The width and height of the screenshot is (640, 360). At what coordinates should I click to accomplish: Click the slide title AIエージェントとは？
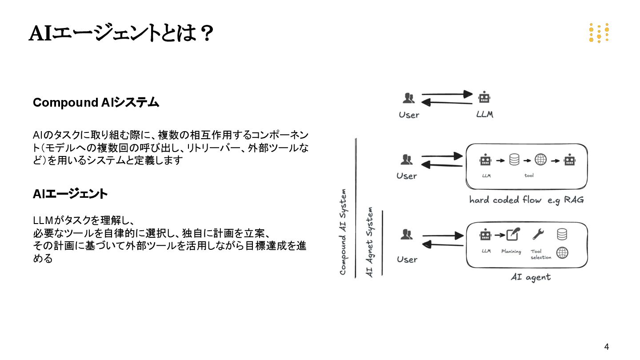[121, 34]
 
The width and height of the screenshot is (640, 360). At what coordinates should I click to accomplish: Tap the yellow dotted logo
[599, 33]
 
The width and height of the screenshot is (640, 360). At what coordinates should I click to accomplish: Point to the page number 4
[606, 347]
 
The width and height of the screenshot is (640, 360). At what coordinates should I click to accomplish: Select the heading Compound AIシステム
[96, 103]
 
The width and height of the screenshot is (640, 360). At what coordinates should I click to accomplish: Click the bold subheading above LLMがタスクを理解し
[70, 194]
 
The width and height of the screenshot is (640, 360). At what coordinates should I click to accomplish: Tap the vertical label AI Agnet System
[369, 243]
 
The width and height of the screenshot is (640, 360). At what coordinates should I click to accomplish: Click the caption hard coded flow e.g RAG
[526, 200]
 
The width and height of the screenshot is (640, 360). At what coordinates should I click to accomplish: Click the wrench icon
[538, 234]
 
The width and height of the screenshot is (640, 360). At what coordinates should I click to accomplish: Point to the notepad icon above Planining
[513, 234]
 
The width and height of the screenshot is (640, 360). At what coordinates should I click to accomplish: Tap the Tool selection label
[540, 254]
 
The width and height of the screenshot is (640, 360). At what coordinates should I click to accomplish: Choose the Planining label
[511, 252]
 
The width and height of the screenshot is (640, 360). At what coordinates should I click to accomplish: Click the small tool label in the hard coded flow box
[529, 176]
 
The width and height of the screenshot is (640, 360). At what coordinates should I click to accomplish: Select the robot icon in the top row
[484, 97]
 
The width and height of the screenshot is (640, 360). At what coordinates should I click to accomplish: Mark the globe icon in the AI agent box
[562, 252]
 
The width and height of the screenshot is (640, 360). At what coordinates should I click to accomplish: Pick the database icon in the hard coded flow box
[514, 160]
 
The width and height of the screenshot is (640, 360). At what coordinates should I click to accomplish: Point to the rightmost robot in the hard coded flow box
[570, 160]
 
